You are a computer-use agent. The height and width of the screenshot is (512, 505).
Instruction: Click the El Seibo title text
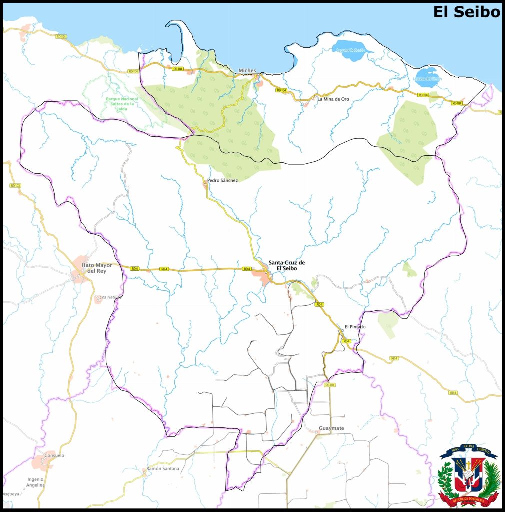(x=466, y=12)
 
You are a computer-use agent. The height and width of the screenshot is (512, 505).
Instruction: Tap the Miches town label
(x=247, y=70)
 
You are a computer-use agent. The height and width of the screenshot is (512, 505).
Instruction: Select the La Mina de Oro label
(x=333, y=99)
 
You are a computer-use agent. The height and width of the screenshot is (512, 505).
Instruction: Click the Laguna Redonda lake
(x=353, y=50)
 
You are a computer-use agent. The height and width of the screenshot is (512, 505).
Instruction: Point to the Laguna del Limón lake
(x=427, y=78)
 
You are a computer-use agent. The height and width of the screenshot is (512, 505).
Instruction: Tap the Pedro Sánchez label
(x=222, y=180)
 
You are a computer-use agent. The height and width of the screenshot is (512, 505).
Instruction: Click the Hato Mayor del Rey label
(x=98, y=268)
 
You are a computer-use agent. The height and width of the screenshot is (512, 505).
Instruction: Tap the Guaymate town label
(x=331, y=428)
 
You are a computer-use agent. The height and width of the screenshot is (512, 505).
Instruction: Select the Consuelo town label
(x=54, y=455)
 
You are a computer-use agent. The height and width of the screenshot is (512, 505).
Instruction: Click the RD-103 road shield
(x=15, y=186)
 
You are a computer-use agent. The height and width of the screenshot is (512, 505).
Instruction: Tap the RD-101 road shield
(x=329, y=385)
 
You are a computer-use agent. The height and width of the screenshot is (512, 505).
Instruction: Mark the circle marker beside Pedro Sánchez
(x=205, y=184)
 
